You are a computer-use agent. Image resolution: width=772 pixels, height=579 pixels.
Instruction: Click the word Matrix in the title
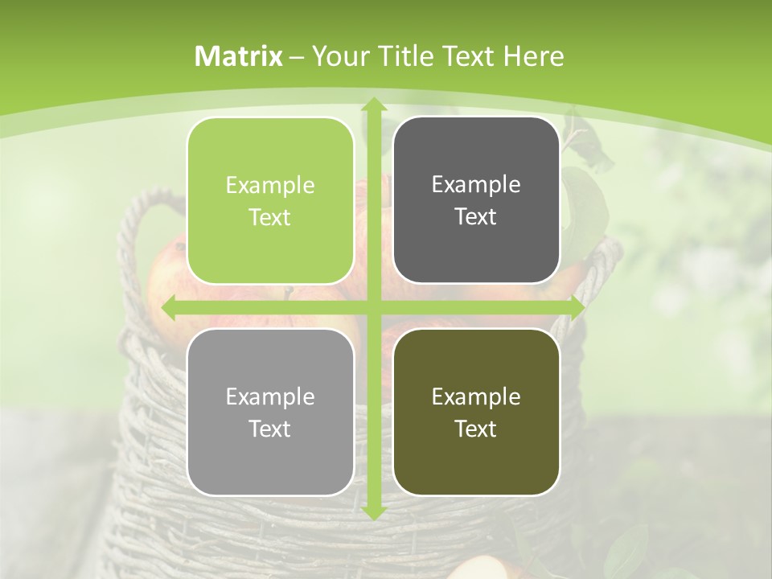(x=239, y=56)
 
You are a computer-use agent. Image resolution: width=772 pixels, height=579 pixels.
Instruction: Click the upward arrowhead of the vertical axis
(x=373, y=105)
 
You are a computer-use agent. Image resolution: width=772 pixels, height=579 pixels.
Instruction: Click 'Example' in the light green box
(x=270, y=186)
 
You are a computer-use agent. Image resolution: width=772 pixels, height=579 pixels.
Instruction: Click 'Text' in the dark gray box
(x=476, y=217)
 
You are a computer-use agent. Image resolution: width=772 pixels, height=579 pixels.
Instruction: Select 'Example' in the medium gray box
(x=270, y=396)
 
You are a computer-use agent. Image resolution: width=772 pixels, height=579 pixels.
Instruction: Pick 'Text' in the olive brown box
(x=476, y=429)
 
